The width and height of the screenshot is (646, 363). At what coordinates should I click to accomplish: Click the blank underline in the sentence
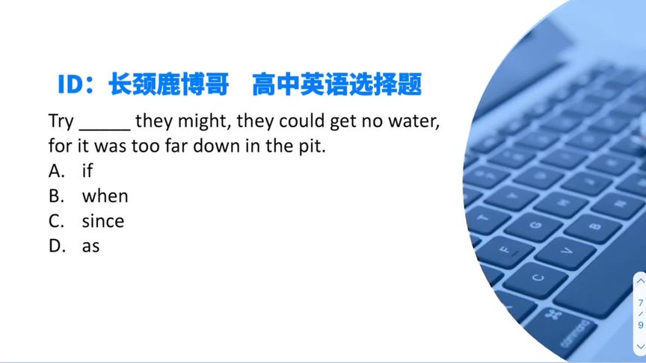pos(105,124)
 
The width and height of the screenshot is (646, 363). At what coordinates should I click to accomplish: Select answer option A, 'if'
pos(87,171)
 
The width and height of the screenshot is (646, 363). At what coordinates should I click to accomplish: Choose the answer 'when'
pos(105,196)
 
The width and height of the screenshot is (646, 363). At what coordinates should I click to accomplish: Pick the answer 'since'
pos(102,221)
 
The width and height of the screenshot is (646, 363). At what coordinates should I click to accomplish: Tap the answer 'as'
pos(90,246)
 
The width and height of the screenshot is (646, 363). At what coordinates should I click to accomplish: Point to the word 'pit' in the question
pos(313,146)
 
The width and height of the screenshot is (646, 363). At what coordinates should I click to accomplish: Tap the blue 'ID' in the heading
pos(73,84)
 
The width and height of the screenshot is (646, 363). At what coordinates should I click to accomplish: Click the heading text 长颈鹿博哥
pos(168,84)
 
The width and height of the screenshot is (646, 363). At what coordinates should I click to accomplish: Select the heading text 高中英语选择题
pos(336,84)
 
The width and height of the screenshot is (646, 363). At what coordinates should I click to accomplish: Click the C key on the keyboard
pos(536,279)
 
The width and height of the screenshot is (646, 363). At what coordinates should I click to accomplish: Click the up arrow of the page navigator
pos(640,282)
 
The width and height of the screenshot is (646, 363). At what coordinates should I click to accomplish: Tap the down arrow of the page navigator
pos(640,347)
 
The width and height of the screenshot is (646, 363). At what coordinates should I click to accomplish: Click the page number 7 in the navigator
pos(640,302)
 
